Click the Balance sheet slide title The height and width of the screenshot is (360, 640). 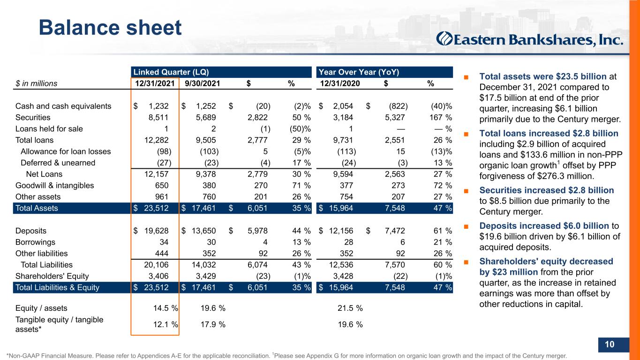110,28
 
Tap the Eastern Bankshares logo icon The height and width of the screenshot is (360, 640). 444,39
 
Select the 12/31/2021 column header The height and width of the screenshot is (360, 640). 155,83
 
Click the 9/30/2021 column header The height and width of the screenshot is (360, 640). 202,83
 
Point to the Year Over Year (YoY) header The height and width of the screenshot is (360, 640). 359,72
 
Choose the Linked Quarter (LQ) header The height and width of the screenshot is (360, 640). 171,72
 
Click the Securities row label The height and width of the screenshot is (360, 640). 33,118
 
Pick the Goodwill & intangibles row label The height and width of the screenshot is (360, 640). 54,186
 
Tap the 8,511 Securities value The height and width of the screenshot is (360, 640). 158,118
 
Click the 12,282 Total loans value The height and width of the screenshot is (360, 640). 156,140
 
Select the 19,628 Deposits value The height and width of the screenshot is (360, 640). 156,231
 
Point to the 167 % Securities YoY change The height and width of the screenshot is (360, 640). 441,118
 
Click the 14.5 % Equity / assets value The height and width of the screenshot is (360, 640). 166,308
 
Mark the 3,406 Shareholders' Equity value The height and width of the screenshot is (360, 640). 158,276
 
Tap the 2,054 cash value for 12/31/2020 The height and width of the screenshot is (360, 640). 343,106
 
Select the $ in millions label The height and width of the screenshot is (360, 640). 36,83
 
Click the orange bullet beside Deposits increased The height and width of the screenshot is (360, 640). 466,226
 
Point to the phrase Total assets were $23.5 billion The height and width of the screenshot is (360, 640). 543,76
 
